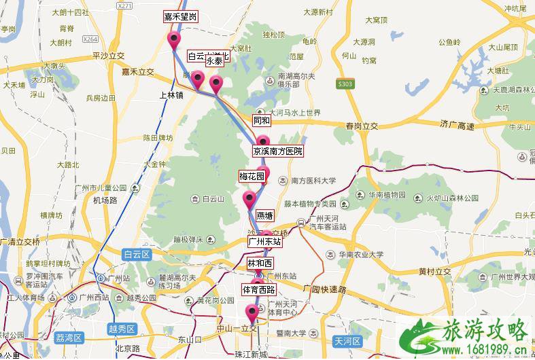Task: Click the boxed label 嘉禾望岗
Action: tap(181, 16)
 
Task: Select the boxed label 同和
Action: tap(262, 120)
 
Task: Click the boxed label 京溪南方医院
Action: tap(277, 151)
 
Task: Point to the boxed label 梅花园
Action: tap(251, 176)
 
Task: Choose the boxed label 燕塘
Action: tap(264, 215)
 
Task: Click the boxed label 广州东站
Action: tap(264, 240)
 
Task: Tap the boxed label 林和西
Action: tap(260, 263)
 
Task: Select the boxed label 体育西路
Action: tap(259, 289)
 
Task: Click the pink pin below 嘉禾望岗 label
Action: tap(174, 39)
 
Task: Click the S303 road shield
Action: tap(345, 84)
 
